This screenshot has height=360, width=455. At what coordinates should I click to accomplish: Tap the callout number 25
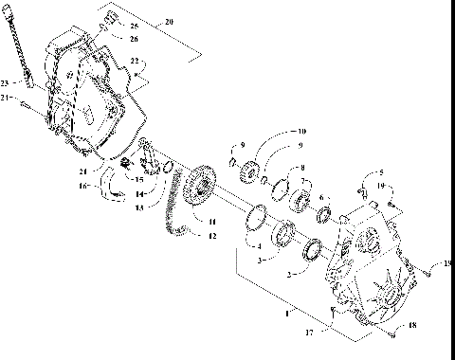[x=133, y=26]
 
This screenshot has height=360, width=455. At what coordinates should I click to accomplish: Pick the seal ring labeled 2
[x=311, y=251]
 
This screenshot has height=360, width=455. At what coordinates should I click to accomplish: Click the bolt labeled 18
[x=391, y=333]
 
